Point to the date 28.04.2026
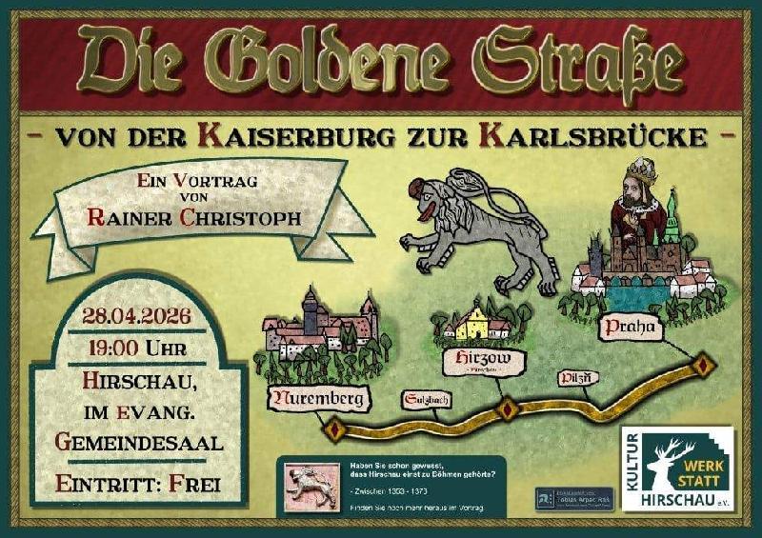coord(136,316)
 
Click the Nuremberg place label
coord(319,398)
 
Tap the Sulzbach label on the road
coord(426,400)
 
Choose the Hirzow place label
coord(471,359)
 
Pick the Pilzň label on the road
coord(579,378)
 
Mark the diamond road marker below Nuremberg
coord(333,430)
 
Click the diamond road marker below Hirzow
coord(508,408)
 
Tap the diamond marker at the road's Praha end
coord(703,364)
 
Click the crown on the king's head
coord(639,174)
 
